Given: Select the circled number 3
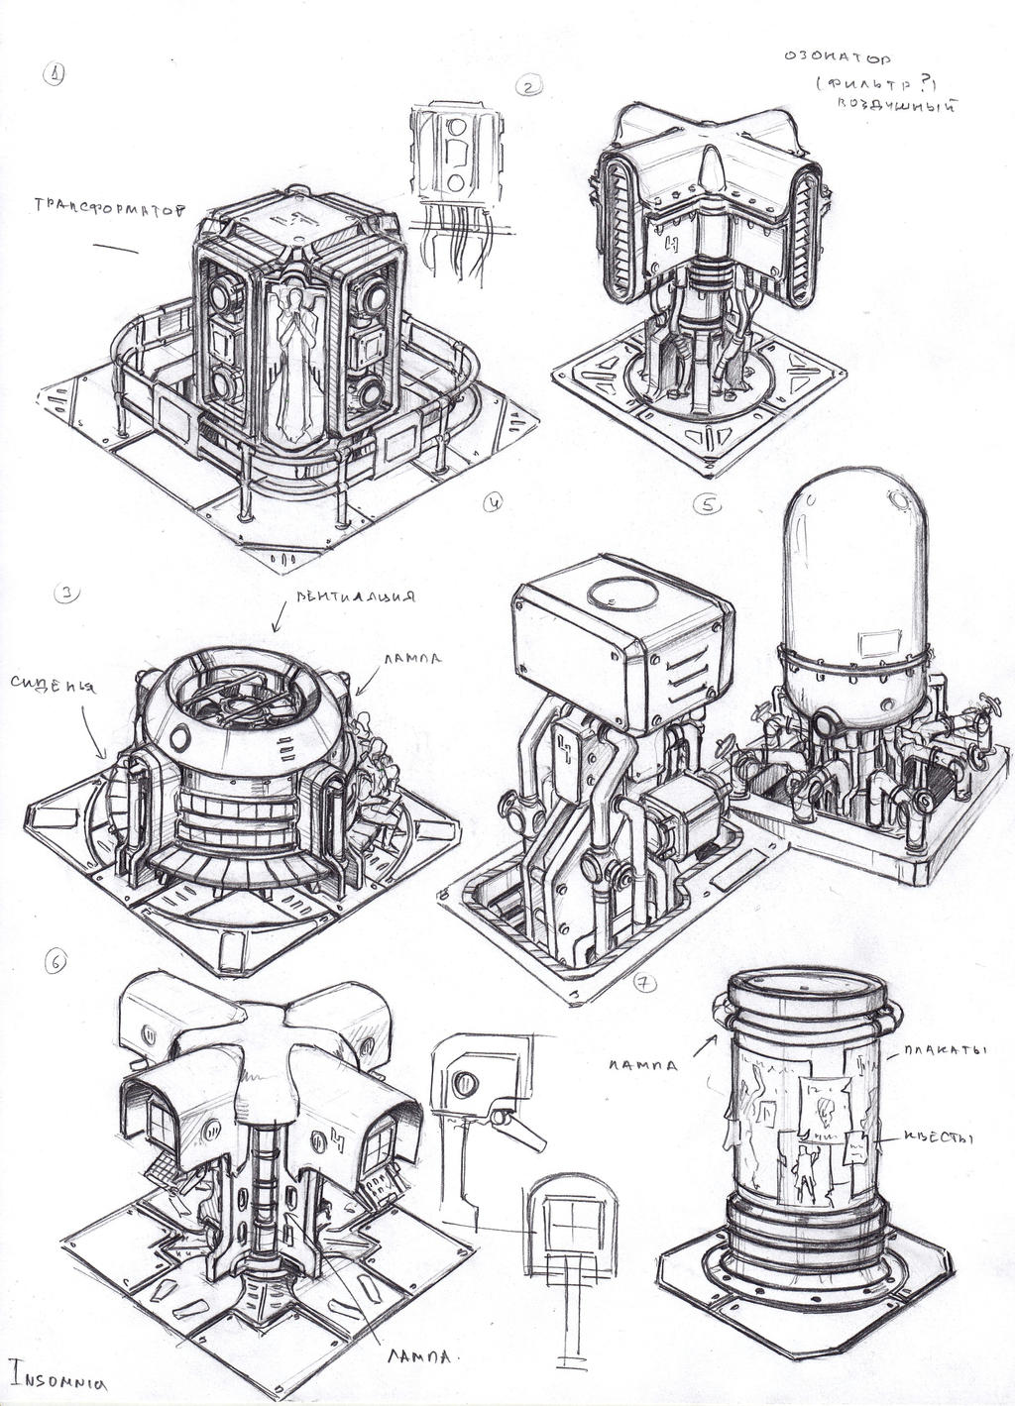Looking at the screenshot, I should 65,594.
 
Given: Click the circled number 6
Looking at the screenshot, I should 56,961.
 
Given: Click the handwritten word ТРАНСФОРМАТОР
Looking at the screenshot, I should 110,206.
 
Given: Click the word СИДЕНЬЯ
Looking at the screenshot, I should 54,685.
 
